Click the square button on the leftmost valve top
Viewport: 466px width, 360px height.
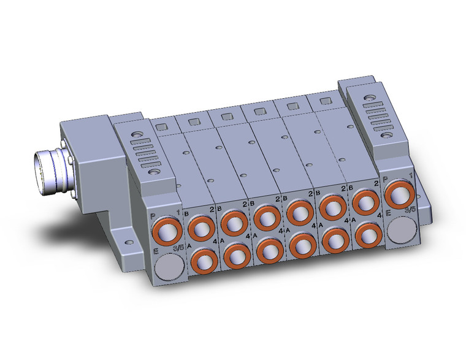(161, 127)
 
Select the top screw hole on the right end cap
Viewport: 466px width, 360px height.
(371, 97)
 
